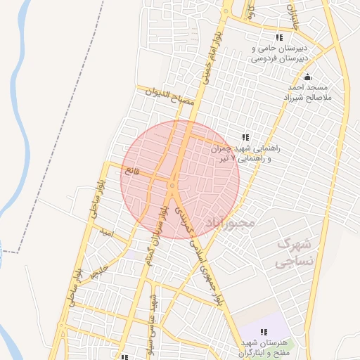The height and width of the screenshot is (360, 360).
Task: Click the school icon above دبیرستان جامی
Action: click(x=279, y=37)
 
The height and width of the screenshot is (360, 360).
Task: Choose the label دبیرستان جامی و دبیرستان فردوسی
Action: click(x=279, y=54)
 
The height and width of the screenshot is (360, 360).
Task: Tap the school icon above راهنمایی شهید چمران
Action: click(x=245, y=136)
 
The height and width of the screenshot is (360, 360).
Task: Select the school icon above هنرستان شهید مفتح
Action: click(x=264, y=331)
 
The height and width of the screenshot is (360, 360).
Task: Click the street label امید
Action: click(x=107, y=231)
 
